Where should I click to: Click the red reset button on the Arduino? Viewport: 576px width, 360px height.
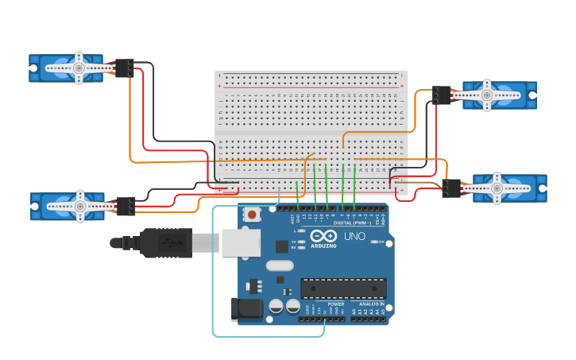253,214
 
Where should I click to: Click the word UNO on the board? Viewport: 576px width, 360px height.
354,236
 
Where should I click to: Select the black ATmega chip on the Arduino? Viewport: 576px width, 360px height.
343,288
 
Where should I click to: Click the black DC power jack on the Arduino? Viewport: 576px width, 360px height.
242,310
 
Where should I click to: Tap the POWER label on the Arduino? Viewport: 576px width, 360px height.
335,303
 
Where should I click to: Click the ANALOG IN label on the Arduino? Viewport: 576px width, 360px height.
371,303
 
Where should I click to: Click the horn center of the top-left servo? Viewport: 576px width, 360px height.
79,68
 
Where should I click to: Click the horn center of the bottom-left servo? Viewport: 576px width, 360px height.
79,205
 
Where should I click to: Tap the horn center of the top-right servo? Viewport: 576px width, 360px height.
487,95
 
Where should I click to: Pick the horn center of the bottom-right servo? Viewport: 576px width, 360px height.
497,188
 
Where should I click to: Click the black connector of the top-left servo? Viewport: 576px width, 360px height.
124,68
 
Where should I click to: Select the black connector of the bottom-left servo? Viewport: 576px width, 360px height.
126,206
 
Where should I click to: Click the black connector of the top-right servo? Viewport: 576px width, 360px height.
442,95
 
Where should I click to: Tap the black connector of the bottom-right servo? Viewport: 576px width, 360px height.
451,188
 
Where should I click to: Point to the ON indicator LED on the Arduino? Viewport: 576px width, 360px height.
376,242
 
